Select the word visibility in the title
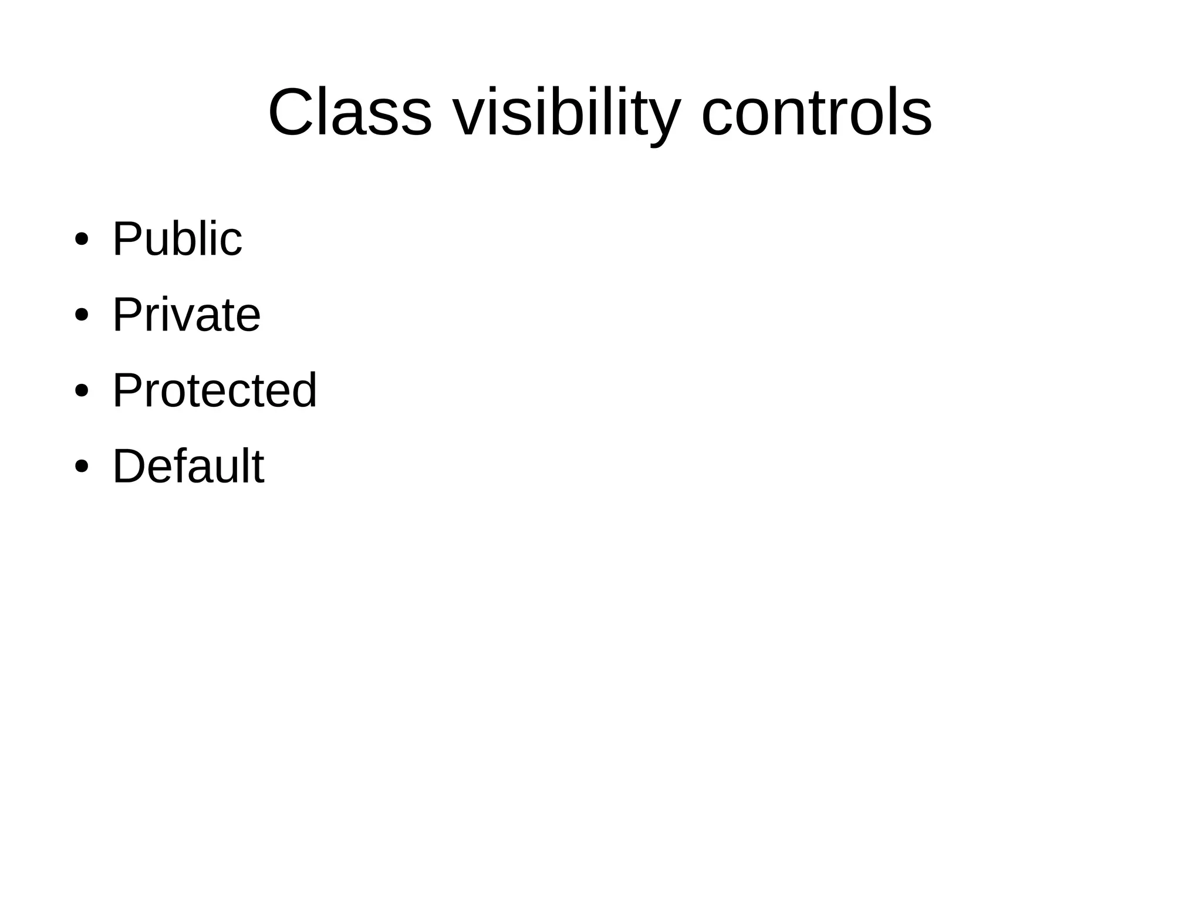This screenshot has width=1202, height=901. click(566, 113)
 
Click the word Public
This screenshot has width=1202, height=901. click(177, 239)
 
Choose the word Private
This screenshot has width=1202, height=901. click(186, 315)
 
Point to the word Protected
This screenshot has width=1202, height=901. click(214, 390)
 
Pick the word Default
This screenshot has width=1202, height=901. click(188, 466)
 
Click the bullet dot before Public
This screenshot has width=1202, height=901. click(82, 239)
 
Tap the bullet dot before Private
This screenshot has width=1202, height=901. click(82, 315)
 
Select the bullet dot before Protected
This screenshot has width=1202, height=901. click(82, 391)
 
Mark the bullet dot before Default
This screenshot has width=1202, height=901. click(82, 467)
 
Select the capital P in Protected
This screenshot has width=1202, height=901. click(127, 390)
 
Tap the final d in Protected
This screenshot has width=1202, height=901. click(303, 390)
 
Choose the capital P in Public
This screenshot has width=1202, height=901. click(127, 239)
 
